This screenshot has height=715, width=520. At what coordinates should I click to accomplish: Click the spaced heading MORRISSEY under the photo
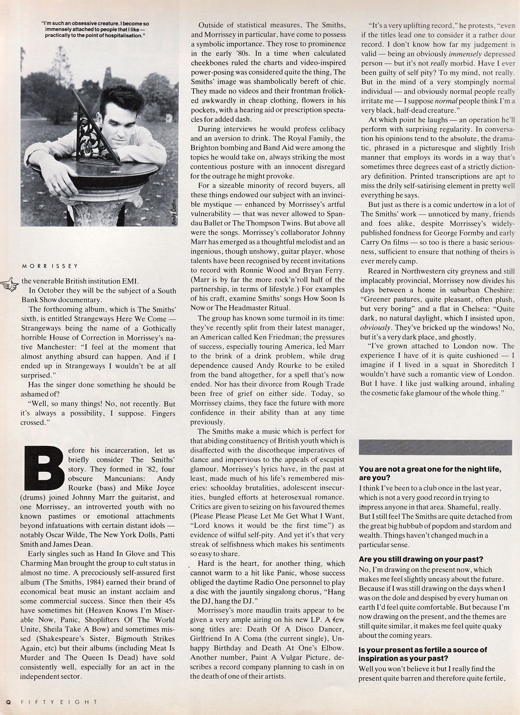(x=50, y=266)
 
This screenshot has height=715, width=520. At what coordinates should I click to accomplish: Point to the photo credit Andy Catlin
(x=174, y=209)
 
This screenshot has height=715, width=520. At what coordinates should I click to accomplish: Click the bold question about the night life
(x=430, y=473)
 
